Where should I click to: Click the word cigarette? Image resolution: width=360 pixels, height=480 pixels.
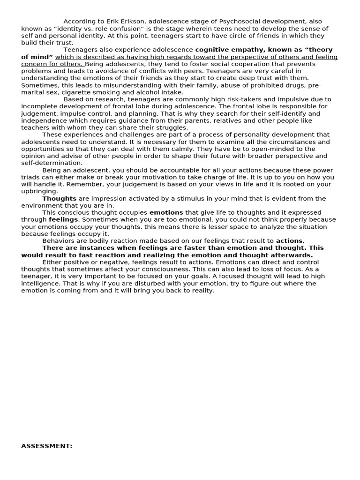[84, 92]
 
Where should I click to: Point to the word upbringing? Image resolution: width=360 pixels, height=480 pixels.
[40, 191]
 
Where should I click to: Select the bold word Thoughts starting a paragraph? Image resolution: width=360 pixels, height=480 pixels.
[60, 198]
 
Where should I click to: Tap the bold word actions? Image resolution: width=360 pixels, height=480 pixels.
[290, 240]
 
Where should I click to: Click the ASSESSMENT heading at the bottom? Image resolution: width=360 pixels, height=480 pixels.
[47, 446]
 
